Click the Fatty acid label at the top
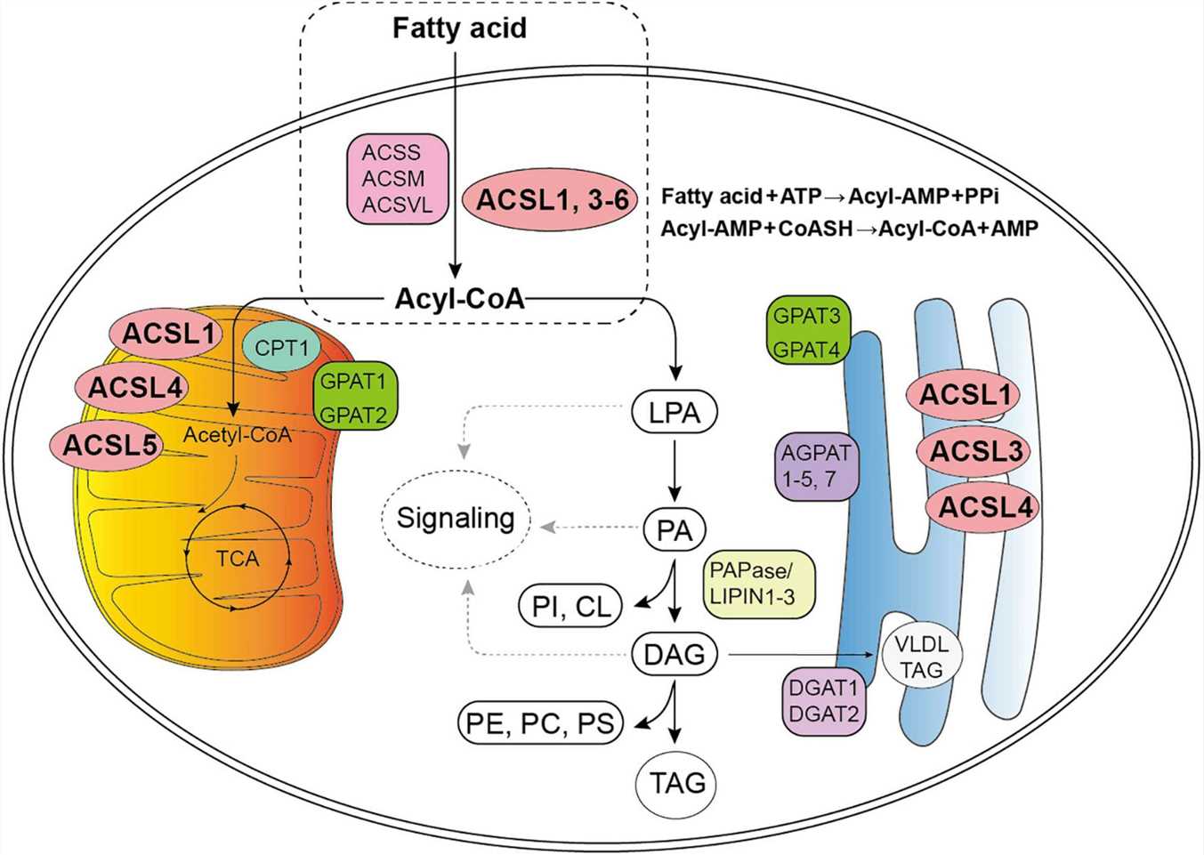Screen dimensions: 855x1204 point(459,28)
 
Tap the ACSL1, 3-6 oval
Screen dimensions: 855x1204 point(552,200)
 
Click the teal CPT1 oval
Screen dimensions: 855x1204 point(281,348)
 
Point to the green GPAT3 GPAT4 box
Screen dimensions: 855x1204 point(806,332)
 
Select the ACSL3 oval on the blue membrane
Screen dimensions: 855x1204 point(975,451)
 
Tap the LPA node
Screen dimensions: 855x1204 point(675,413)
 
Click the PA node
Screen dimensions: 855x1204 point(674,530)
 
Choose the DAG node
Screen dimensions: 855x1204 point(675,655)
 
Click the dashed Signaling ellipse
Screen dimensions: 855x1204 point(456,519)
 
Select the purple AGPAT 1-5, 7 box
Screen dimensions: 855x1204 point(816,465)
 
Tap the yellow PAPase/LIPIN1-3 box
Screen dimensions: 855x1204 point(758,584)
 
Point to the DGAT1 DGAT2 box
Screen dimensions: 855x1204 point(824,701)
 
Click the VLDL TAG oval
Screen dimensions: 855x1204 point(922,657)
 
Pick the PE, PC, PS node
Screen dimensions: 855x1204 point(540,723)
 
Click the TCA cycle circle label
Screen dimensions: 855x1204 point(237,559)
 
